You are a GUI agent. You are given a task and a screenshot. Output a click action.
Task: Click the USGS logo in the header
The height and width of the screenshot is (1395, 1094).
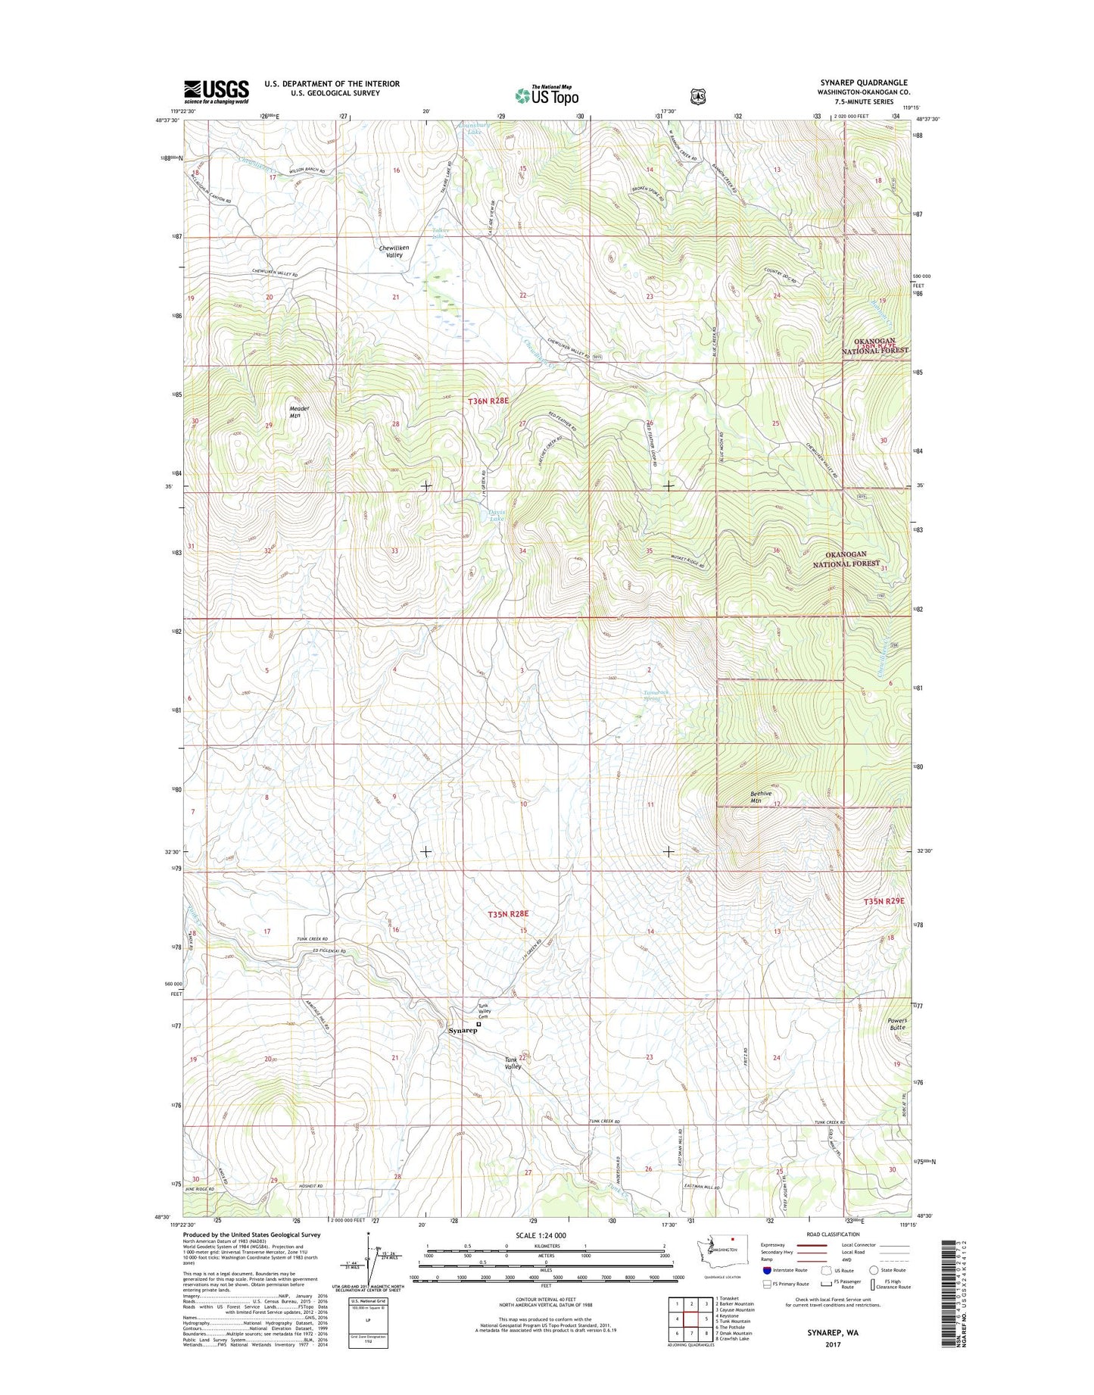(x=216, y=91)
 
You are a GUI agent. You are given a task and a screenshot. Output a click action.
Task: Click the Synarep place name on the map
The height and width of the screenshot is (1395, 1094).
(x=463, y=1031)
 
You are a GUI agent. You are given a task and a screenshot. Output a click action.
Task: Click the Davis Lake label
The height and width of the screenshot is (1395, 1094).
(x=496, y=514)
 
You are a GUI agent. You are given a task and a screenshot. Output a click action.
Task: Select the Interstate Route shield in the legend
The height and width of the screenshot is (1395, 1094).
(x=768, y=1270)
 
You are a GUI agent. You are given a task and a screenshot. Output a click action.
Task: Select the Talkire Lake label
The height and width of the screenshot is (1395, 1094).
(x=441, y=232)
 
